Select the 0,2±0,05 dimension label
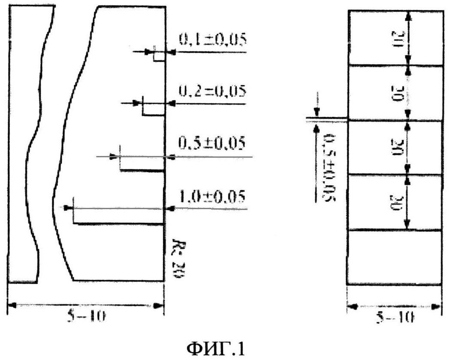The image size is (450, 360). [x=212, y=91]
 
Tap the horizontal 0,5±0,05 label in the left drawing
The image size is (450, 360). [x=212, y=143]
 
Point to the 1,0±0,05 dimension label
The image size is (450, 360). [x=212, y=197]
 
